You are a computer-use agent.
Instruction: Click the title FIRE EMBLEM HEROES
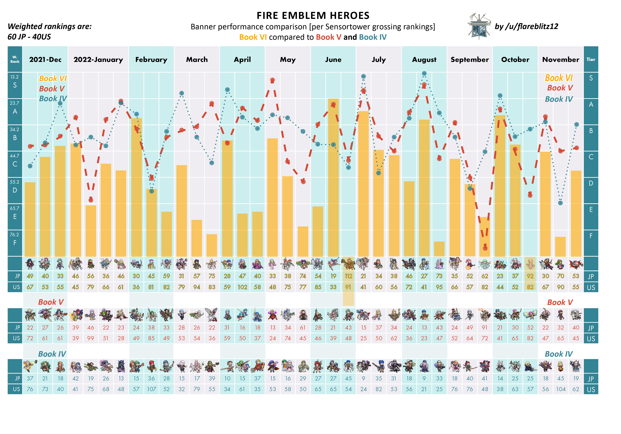tap(313, 16)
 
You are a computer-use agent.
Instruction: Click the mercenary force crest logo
tap(479, 26)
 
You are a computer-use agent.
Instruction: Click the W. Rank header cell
tap(15, 59)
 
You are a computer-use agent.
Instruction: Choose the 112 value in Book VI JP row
tap(348, 276)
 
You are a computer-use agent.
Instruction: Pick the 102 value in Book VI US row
tap(242, 287)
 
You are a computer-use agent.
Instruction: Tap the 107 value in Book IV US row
tap(151, 389)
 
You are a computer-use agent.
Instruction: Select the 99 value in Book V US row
tap(91, 338)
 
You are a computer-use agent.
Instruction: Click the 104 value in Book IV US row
tap(561, 389)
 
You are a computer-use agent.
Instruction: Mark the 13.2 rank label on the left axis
tap(15, 77)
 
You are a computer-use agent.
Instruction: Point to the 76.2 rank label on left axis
tap(15, 234)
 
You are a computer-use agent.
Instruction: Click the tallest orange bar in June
tap(333, 177)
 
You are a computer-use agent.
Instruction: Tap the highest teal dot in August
tap(424, 73)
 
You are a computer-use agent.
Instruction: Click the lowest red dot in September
tap(485, 248)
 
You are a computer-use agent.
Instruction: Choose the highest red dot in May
tap(273, 80)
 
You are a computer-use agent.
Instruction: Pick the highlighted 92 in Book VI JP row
tap(530, 276)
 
